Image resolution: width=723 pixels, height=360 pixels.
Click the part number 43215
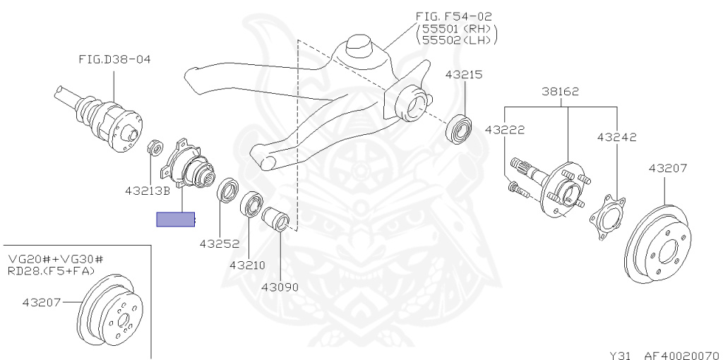point(463,74)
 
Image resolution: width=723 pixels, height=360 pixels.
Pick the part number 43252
point(219,244)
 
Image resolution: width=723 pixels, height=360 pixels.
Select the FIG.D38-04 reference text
point(114,59)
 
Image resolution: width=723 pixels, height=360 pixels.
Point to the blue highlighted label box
point(176,220)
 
